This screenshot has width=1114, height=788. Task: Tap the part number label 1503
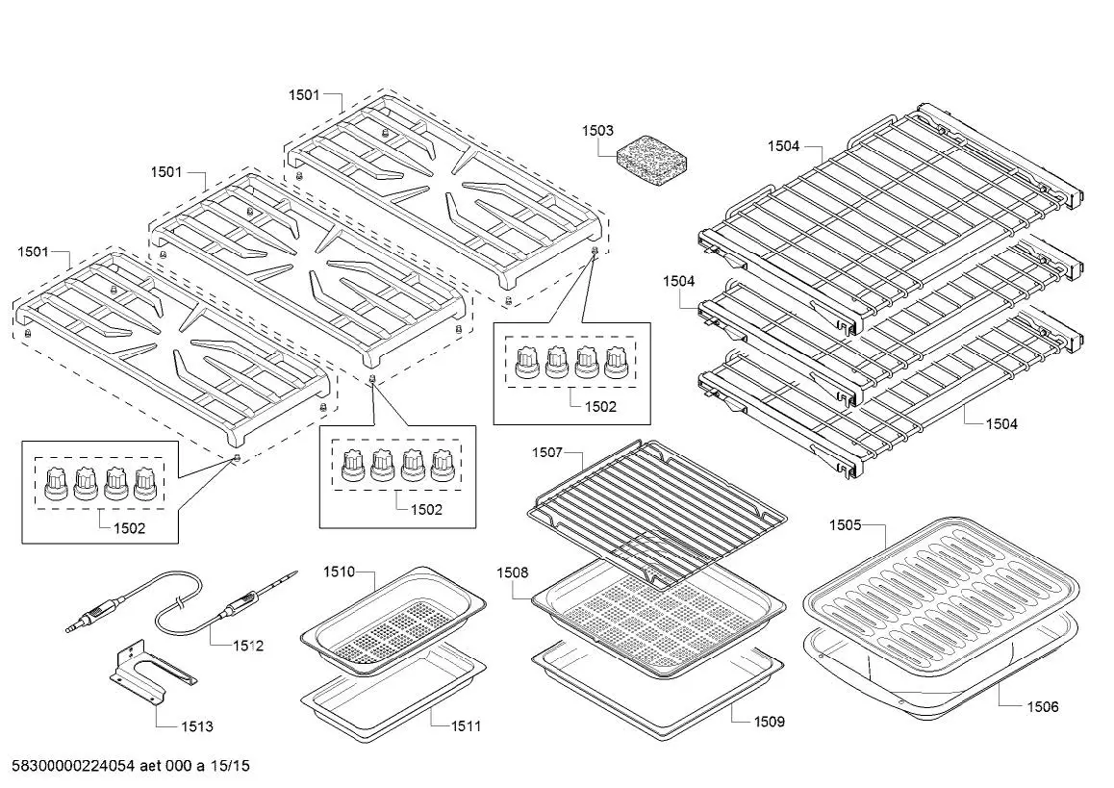(597, 130)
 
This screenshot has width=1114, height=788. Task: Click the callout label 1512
(247, 646)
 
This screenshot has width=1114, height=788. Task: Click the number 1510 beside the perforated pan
(339, 572)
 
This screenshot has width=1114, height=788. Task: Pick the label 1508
(512, 572)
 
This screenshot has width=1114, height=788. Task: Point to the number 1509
(769, 721)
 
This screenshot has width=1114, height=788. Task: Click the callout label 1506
(1042, 707)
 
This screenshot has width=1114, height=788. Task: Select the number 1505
(845, 524)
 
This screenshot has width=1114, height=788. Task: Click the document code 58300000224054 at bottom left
(71, 766)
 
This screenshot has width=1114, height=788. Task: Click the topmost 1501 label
(304, 95)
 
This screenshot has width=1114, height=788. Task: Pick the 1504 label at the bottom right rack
(1001, 423)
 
